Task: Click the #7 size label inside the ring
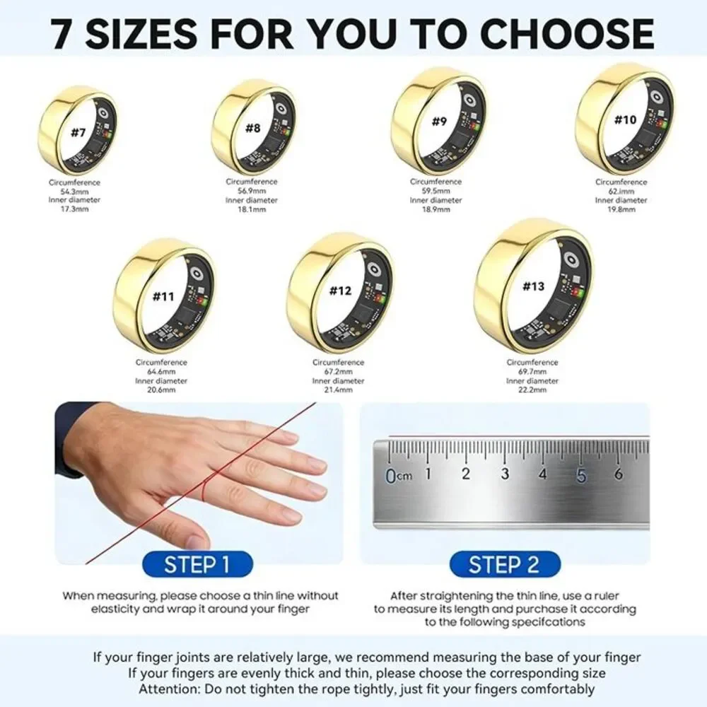pyautogui.click(x=78, y=133)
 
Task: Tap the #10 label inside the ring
pyautogui.click(x=626, y=119)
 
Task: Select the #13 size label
pyautogui.click(x=533, y=286)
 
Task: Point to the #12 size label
pyautogui.click(x=340, y=291)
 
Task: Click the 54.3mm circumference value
pyautogui.click(x=74, y=192)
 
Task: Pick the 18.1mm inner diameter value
pyautogui.click(x=252, y=210)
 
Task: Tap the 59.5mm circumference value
pyautogui.click(x=436, y=191)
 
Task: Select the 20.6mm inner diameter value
pyautogui.click(x=161, y=390)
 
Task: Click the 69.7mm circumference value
pyautogui.click(x=532, y=372)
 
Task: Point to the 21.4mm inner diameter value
pyautogui.click(x=338, y=390)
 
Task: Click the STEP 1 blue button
pyautogui.click(x=197, y=564)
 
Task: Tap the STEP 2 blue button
pyautogui.click(x=505, y=564)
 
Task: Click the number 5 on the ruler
pyautogui.click(x=581, y=475)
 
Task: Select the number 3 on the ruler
pyautogui.click(x=505, y=474)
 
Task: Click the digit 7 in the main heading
pyautogui.click(x=62, y=33)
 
